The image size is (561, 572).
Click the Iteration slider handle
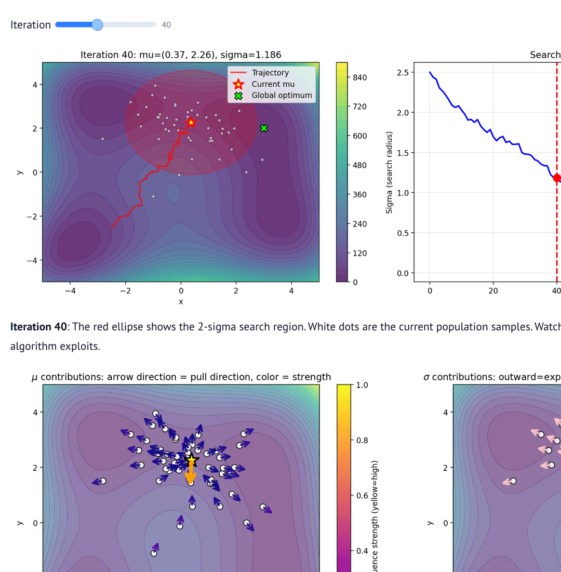tap(97, 24)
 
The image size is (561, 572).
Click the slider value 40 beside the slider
tap(166, 25)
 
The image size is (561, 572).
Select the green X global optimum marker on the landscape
tap(263, 128)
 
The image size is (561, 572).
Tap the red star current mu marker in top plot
tap(191, 122)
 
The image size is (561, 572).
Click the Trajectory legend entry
tap(270, 73)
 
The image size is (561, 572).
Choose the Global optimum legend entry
tap(282, 95)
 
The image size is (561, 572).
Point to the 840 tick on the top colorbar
tap(359, 77)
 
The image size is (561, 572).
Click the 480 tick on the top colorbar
tap(359, 165)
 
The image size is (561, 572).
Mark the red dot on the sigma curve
tap(557, 178)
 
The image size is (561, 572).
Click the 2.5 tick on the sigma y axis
tap(403, 72)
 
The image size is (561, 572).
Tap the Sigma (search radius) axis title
tap(390, 172)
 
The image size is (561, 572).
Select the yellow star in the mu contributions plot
tap(191, 460)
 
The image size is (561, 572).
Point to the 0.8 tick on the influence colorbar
tap(362, 440)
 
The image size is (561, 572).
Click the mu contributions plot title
tap(181, 377)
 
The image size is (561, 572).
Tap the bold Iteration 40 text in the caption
tap(38, 327)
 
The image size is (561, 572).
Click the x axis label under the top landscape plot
tap(181, 301)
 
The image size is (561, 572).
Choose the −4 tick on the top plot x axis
tap(71, 291)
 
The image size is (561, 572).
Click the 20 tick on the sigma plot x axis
tap(493, 291)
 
